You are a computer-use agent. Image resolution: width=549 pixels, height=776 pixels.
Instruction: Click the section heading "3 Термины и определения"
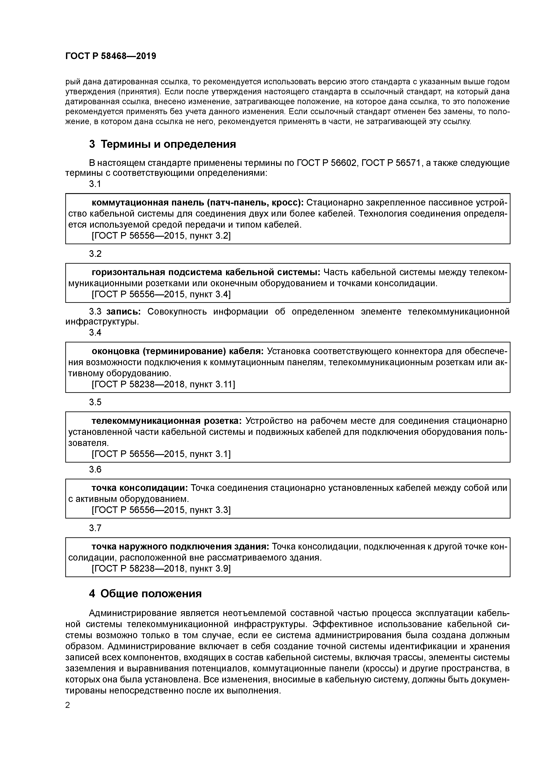pos(162,144)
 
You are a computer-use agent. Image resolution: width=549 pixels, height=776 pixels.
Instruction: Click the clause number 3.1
pos(95,184)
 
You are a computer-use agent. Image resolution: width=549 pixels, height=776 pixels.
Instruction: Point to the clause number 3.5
pos(95,402)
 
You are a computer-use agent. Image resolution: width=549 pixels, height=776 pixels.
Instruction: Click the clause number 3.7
pos(95,528)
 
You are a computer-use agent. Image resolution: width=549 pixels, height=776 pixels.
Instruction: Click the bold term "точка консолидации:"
pos(140,488)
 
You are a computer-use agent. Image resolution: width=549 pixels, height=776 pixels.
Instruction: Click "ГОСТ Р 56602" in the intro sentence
pos(327,163)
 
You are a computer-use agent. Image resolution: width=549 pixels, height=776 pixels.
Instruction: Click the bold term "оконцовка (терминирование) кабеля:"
pos(178,352)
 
